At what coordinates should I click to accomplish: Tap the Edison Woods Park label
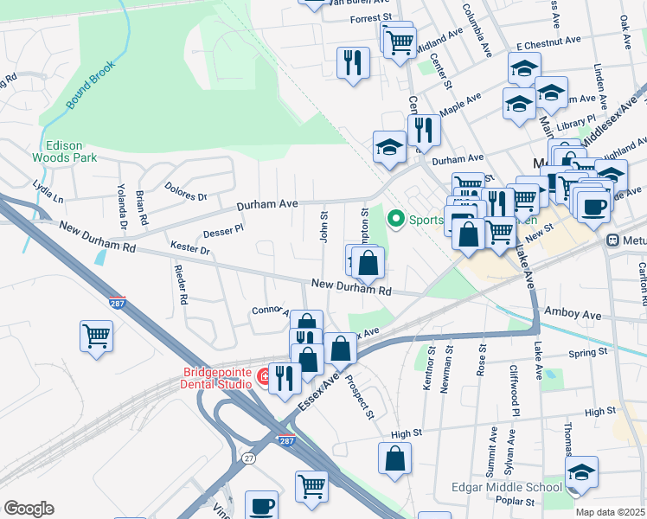[x=64, y=151]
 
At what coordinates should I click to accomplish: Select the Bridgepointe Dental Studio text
[x=216, y=379]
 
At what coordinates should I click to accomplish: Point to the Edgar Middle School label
[x=506, y=487]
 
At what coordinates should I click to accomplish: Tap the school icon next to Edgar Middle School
[x=581, y=472]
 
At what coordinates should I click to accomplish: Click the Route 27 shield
[x=249, y=457]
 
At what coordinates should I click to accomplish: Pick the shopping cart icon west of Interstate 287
[x=96, y=336]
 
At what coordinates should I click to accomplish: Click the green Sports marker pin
[x=397, y=218]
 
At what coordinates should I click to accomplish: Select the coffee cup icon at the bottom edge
[x=261, y=505]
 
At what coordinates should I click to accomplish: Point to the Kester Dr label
[x=190, y=250]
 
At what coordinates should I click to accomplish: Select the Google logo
[x=29, y=508]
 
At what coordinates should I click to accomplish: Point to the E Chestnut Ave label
[x=548, y=42]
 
